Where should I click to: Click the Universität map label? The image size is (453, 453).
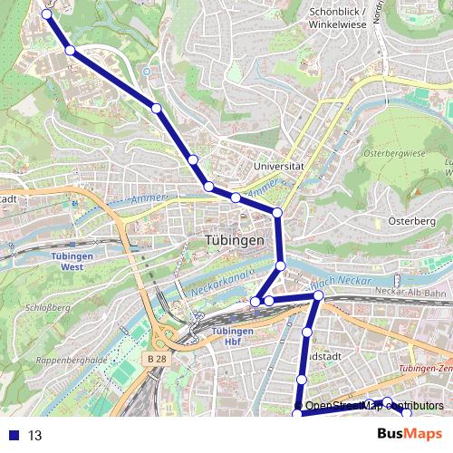[278, 167]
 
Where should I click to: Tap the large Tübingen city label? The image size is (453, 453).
[234, 241]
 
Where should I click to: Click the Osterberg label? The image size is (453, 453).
[412, 220]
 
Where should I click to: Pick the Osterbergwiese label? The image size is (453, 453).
[394, 154]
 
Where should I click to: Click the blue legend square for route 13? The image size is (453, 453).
[14, 435]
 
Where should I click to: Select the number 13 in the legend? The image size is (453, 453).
[35, 435]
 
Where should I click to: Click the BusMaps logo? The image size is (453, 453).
[410, 434]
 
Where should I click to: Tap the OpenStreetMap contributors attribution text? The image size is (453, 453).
[374, 406]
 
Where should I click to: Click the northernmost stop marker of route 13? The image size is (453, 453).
[46, 13]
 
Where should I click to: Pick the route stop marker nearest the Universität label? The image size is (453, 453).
[277, 213]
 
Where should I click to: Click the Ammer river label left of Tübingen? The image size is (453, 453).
[144, 200]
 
